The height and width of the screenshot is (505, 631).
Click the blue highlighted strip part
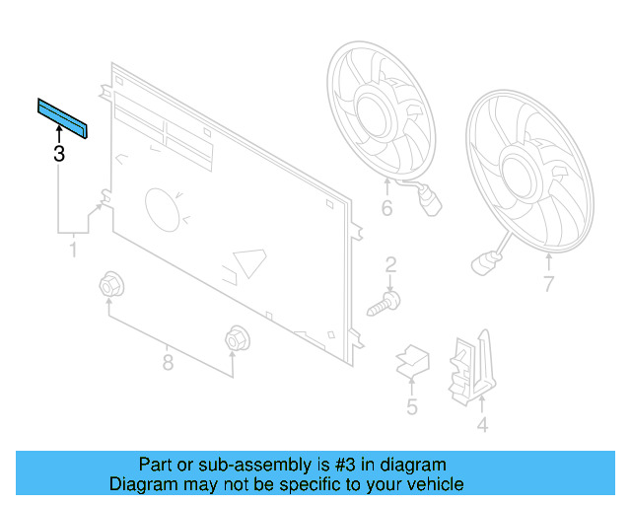(x=62, y=118)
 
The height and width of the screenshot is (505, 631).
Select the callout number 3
(x=59, y=154)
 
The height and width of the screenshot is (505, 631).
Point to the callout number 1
(x=72, y=252)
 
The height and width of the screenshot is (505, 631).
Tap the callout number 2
(x=390, y=264)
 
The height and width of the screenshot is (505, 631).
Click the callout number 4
(x=482, y=426)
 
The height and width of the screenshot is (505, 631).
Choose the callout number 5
(x=412, y=406)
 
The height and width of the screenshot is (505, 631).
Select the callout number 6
(x=386, y=208)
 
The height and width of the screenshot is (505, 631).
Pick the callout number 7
(x=549, y=286)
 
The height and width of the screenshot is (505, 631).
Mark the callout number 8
(x=168, y=363)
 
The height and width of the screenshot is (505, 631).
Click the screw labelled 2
(x=386, y=303)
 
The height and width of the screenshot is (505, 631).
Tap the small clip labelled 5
(x=410, y=362)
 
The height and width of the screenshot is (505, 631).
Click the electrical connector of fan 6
(x=430, y=209)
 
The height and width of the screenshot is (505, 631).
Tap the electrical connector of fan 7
(x=482, y=263)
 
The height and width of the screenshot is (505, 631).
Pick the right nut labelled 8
(x=235, y=339)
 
